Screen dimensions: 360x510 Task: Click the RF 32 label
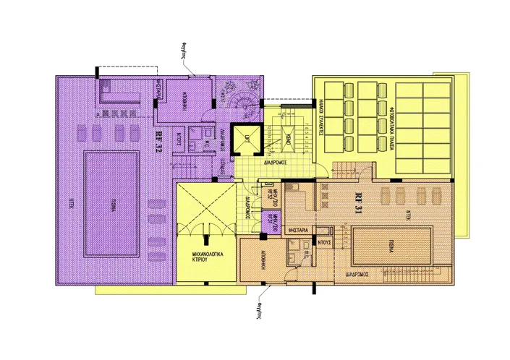158,141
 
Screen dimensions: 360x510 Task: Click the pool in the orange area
392,245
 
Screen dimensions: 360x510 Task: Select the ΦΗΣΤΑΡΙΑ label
299,230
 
